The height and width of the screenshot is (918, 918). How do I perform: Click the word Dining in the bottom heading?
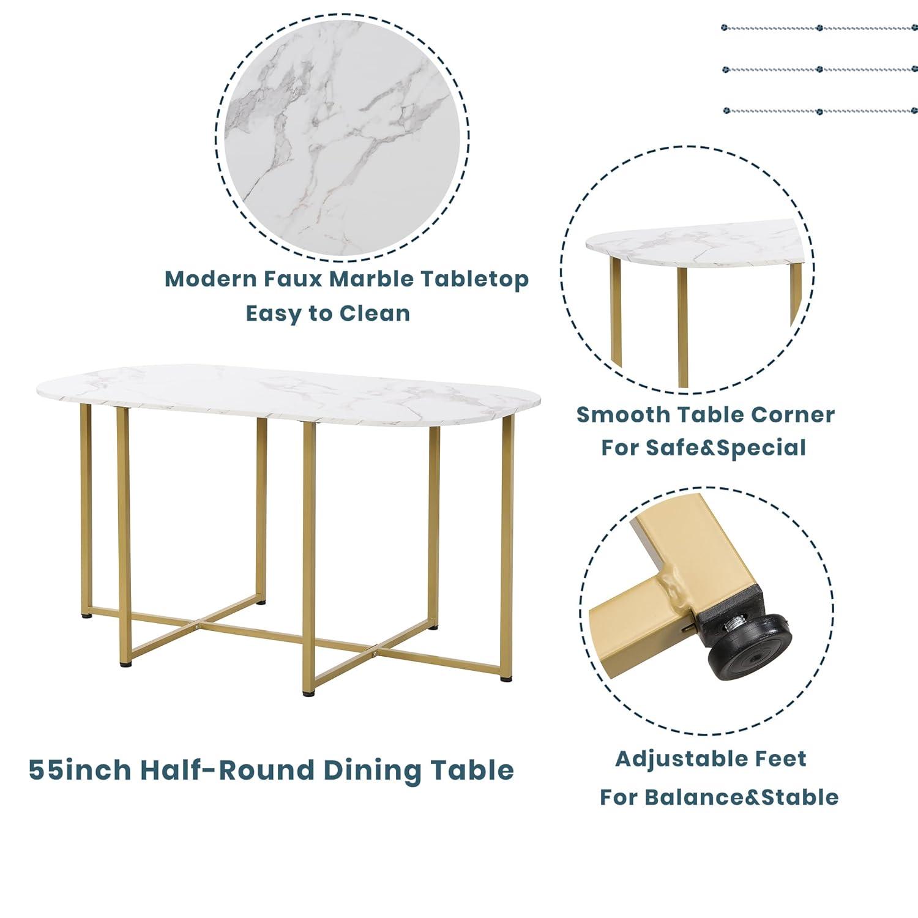pyautogui.click(x=371, y=770)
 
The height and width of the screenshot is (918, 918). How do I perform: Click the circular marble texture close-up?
pyautogui.click(x=343, y=136)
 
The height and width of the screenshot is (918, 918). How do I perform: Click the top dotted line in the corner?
pyautogui.click(x=819, y=28)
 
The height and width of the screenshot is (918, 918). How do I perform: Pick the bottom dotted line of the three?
pyautogui.click(x=819, y=111)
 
